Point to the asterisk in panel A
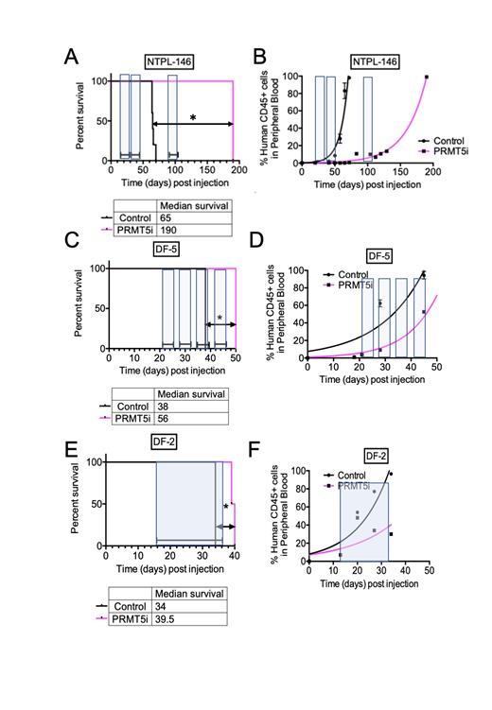point(193,117)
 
